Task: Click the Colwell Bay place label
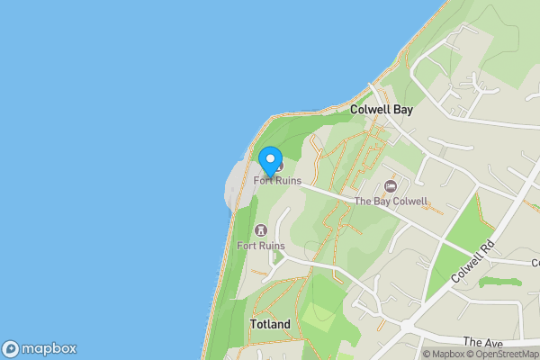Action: point(380,110)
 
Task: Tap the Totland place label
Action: point(271,324)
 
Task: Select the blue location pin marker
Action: point(270,161)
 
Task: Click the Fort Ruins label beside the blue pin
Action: point(277,180)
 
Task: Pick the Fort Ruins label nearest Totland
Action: point(261,245)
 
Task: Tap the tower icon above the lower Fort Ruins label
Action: point(262,230)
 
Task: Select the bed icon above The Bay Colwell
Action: point(390,186)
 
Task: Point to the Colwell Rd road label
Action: point(474,262)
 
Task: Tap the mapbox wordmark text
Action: point(49,349)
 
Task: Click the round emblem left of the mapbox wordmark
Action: point(11,349)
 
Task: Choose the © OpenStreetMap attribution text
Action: point(504,355)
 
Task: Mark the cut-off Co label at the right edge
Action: point(534,262)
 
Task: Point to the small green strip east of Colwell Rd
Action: point(500,282)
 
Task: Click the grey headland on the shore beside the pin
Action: point(236,184)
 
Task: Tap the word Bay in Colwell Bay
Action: point(401,110)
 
